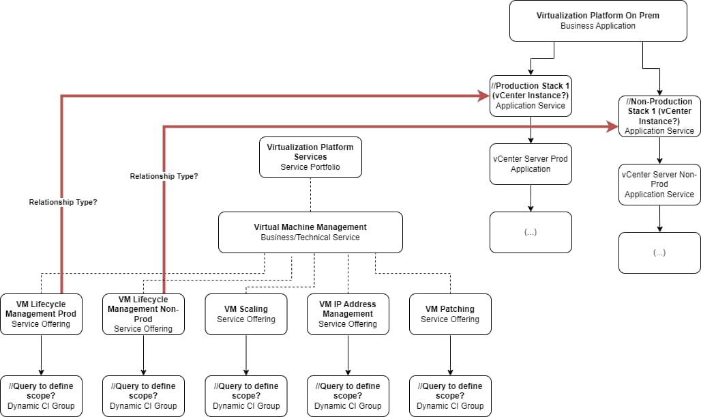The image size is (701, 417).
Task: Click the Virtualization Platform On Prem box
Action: click(598, 21)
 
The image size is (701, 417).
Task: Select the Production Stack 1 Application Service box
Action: click(531, 96)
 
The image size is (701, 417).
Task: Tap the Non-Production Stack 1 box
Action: click(659, 116)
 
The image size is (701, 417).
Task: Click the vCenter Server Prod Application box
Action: click(531, 164)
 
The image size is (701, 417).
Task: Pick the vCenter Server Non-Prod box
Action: click(659, 184)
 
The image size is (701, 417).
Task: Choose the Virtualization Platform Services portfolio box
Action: click(310, 157)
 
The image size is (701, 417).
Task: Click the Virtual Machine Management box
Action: click(310, 232)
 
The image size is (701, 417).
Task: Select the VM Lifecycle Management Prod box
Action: click(41, 314)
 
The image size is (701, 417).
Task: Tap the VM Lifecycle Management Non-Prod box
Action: click(143, 314)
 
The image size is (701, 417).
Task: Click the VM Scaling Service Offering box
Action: click(246, 314)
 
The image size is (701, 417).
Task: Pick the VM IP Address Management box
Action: click(348, 314)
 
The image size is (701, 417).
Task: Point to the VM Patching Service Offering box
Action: click(450, 314)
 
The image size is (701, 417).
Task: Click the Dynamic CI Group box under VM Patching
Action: click(450, 396)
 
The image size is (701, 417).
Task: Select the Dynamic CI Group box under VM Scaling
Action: click(246, 396)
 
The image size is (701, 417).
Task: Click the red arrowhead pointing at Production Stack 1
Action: click(483, 96)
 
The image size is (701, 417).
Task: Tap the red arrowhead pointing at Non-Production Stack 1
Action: click(612, 127)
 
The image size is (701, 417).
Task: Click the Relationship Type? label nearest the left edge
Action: click(63, 202)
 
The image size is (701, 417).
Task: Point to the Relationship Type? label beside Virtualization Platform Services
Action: click(164, 176)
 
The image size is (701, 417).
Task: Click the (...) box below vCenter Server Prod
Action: click(531, 232)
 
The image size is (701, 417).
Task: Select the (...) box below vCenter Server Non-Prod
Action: click(659, 253)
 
